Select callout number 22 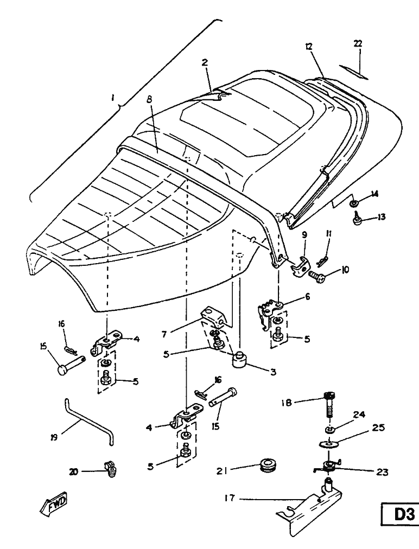coord(358,44)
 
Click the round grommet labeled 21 coord(267,465)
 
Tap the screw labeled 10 coord(319,276)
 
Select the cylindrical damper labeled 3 coord(240,360)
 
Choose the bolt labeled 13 coord(358,219)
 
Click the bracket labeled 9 coord(300,265)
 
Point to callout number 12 coord(308,48)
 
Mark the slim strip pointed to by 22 coord(354,72)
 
